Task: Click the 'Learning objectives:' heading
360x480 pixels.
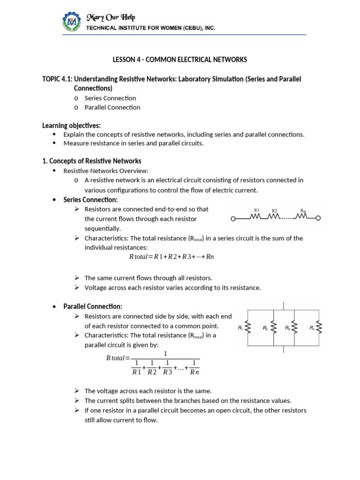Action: pos(71,125)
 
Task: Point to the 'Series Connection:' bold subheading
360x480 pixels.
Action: pos(90,200)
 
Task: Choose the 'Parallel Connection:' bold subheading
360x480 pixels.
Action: pos(92,306)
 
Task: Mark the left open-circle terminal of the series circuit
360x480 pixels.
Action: pos(233,218)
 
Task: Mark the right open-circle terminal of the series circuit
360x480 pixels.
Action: pos(319,218)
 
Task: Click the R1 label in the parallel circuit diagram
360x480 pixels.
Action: pos(240,328)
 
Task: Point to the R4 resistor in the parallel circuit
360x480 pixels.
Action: pos(319,328)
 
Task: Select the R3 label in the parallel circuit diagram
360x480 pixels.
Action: pos(288,328)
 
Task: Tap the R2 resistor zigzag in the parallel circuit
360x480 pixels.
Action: pos(273,328)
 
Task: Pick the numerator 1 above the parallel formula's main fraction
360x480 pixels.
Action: pos(165,353)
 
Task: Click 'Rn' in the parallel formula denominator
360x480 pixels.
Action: pos(194,372)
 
